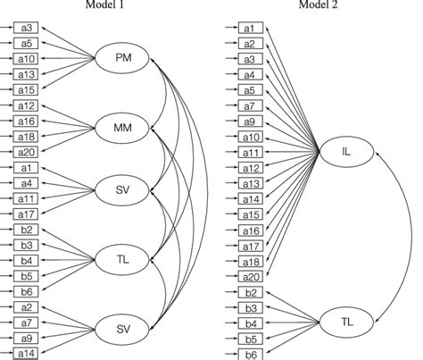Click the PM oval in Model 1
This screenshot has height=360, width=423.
click(x=125, y=60)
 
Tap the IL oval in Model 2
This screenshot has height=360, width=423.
click(x=345, y=153)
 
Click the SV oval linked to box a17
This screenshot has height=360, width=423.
click(x=125, y=190)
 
